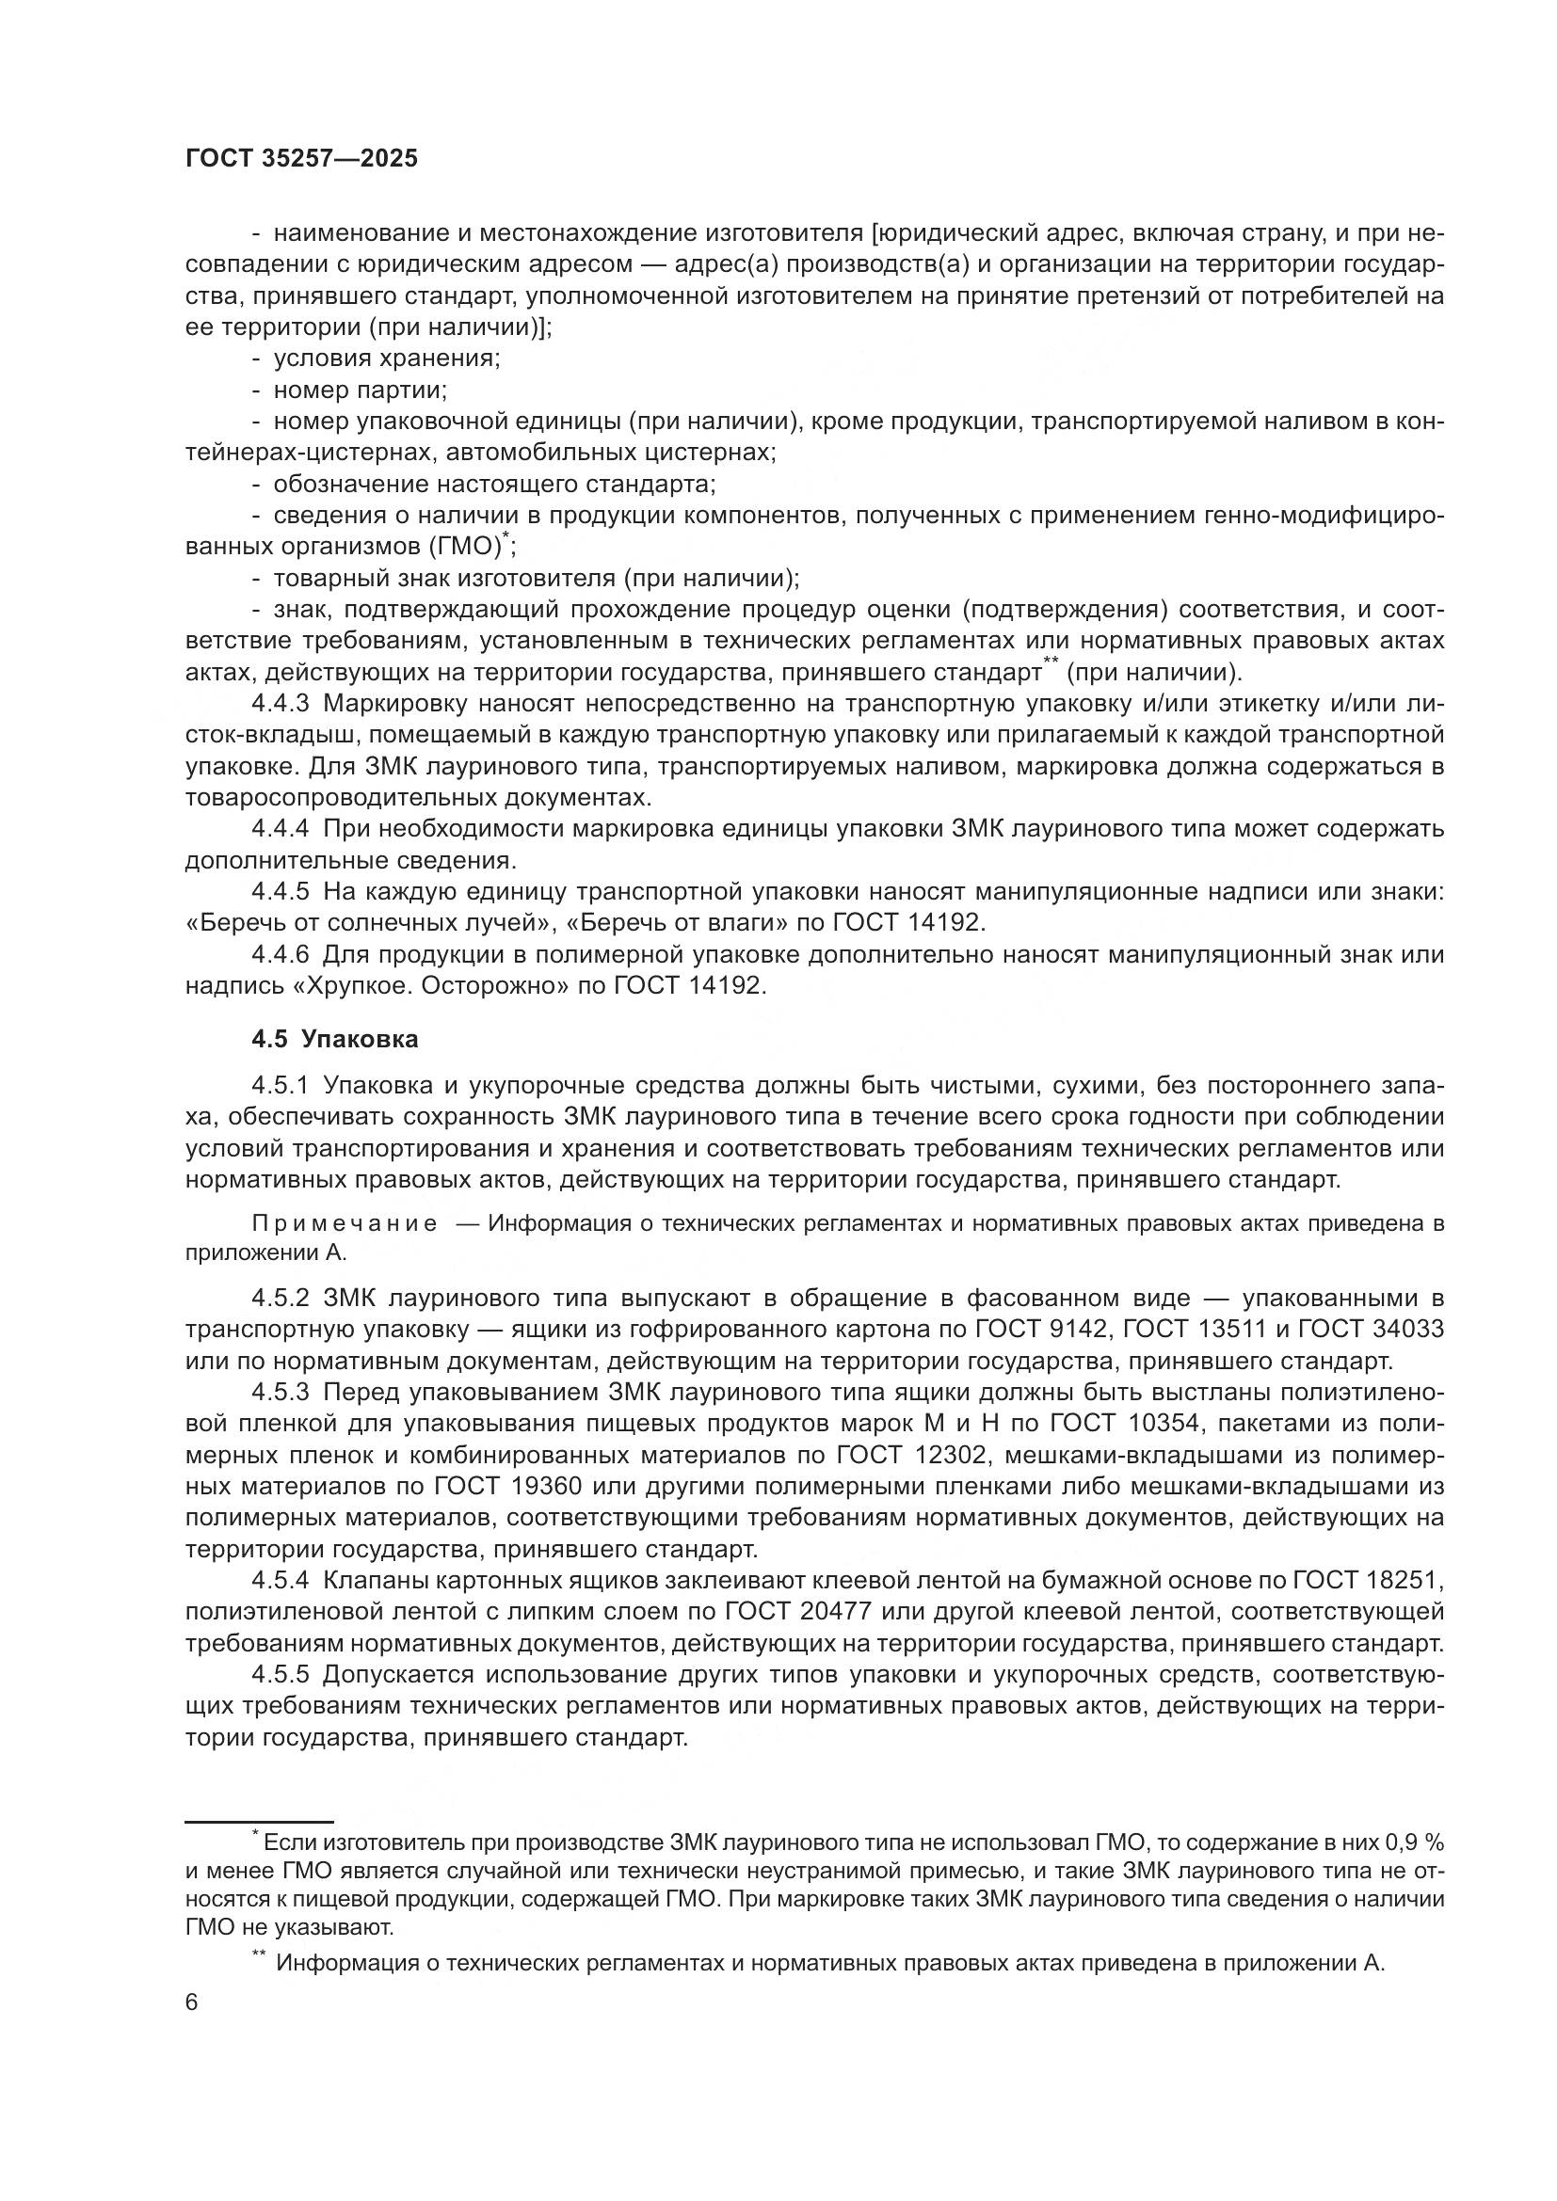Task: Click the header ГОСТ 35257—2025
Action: point(301,159)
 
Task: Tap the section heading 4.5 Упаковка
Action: point(334,1039)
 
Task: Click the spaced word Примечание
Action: point(345,1224)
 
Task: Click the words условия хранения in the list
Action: point(386,359)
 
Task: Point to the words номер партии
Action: point(360,391)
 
